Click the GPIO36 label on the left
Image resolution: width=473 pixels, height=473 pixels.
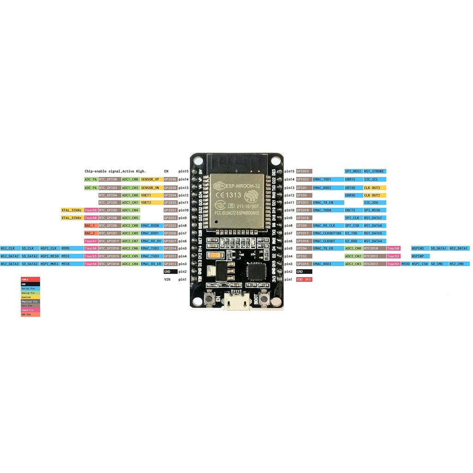(170, 179)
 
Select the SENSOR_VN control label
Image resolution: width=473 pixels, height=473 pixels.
(151, 188)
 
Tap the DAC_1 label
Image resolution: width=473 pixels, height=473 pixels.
(90, 225)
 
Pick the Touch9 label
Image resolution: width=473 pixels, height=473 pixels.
(91, 210)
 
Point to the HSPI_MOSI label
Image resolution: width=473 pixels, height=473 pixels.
(49, 264)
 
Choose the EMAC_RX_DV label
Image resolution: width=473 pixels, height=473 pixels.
(151, 241)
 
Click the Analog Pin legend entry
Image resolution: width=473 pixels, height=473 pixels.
(30, 292)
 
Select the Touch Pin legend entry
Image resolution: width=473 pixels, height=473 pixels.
(30, 310)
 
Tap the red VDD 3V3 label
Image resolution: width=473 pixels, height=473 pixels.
(304, 279)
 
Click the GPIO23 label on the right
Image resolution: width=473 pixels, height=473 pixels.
(304, 171)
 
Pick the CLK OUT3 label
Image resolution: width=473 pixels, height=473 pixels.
(371, 188)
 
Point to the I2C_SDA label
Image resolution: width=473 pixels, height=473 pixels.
(371, 202)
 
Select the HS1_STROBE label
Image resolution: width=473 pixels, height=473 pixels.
(374, 171)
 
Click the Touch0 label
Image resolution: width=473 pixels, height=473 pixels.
(394, 249)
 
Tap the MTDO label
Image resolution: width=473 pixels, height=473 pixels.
(405, 264)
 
